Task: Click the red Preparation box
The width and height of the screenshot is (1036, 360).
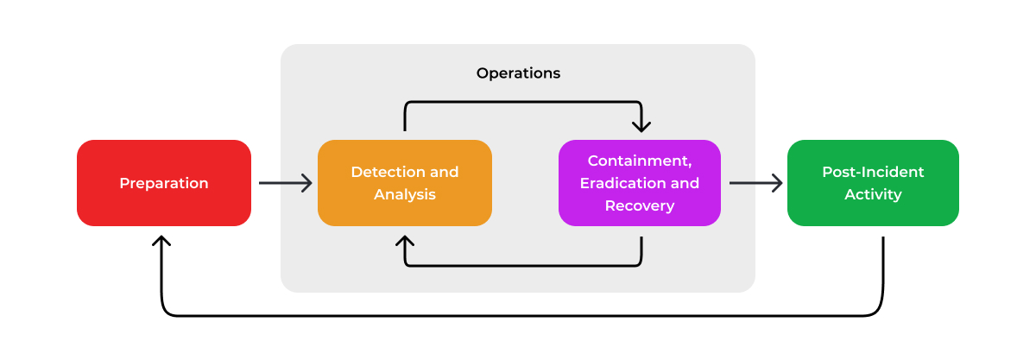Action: point(164,183)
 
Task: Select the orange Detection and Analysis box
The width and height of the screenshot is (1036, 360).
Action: point(405,183)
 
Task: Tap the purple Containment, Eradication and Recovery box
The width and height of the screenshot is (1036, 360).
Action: point(640,183)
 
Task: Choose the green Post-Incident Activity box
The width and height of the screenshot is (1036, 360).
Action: point(873,183)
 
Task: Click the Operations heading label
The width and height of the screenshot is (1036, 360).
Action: point(518,73)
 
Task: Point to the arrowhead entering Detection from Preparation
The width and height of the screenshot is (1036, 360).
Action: point(307,183)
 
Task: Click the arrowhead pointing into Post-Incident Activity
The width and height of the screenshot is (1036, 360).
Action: point(777,183)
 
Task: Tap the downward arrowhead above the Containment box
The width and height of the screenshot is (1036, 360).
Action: point(641,126)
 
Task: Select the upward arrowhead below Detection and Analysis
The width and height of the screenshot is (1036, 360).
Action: point(405,242)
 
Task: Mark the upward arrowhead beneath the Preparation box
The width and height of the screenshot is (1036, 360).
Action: point(161,242)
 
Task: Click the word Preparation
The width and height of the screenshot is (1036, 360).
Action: point(164,184)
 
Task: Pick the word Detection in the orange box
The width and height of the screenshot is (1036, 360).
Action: point(387,172)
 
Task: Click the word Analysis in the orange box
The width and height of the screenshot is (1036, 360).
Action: point(405,195)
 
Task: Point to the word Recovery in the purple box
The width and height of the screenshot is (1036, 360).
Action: point(640,206)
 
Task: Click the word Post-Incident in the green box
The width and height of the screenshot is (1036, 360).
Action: point(873,172)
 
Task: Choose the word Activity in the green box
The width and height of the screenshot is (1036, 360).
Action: point(873,195)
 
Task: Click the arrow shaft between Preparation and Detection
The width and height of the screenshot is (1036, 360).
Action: point(283,183)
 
